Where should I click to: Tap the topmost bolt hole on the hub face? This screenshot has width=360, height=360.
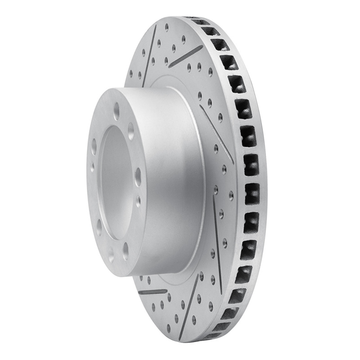click(117, 108)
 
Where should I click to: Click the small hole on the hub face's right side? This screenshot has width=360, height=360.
click(138, 198)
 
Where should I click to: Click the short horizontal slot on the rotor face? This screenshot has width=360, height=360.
click(149, 292)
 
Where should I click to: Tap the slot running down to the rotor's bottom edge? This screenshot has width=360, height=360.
click(189, 310)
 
